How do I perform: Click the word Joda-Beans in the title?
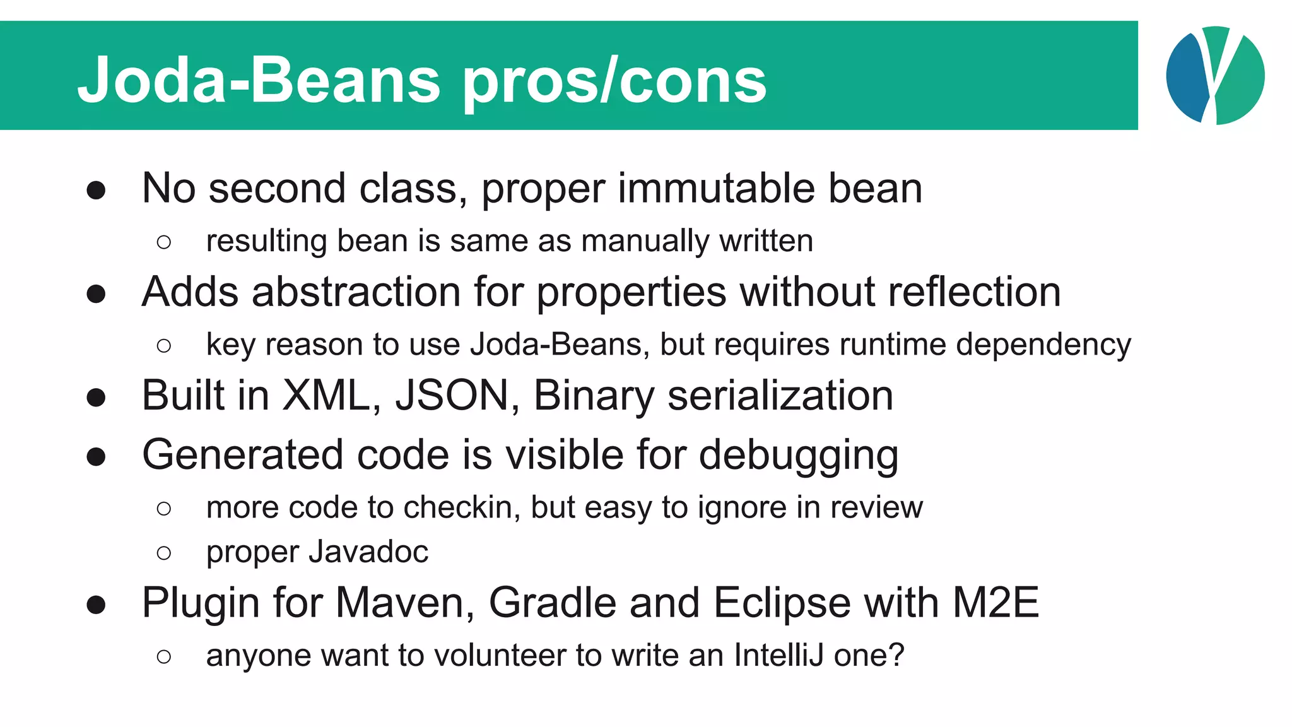(259, 80)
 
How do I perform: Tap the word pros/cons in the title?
(615, 82)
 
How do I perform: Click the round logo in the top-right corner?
(1215, 76)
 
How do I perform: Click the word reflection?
(974, 292)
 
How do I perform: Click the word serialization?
(780, 396)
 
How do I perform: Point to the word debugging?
(799, 456)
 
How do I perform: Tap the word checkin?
(462, 507)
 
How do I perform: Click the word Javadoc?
(370, 552)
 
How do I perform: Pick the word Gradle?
(552, 603)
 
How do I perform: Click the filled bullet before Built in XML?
(96, 398)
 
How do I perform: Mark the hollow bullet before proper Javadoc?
(164, 553)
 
